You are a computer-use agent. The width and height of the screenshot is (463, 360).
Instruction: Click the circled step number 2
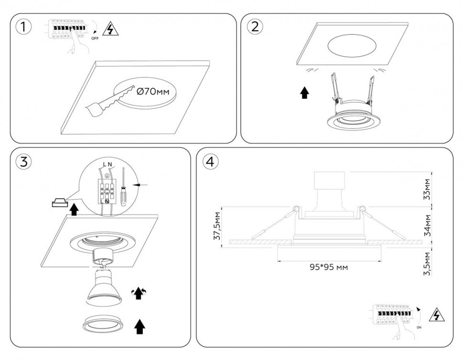pos(254,27)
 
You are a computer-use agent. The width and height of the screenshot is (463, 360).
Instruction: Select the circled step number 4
pos(210,161)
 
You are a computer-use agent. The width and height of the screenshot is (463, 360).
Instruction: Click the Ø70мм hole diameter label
pos(153,91)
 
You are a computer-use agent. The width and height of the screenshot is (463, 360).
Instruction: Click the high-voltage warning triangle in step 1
pos(111,30)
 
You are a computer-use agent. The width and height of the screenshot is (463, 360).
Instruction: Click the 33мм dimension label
pos(427,189)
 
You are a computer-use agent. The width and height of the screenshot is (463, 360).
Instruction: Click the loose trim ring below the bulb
pos(103,324)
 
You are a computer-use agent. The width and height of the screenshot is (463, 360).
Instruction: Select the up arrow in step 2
pos(305,93)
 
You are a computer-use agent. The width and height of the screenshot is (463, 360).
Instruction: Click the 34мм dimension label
pos(427,225)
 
